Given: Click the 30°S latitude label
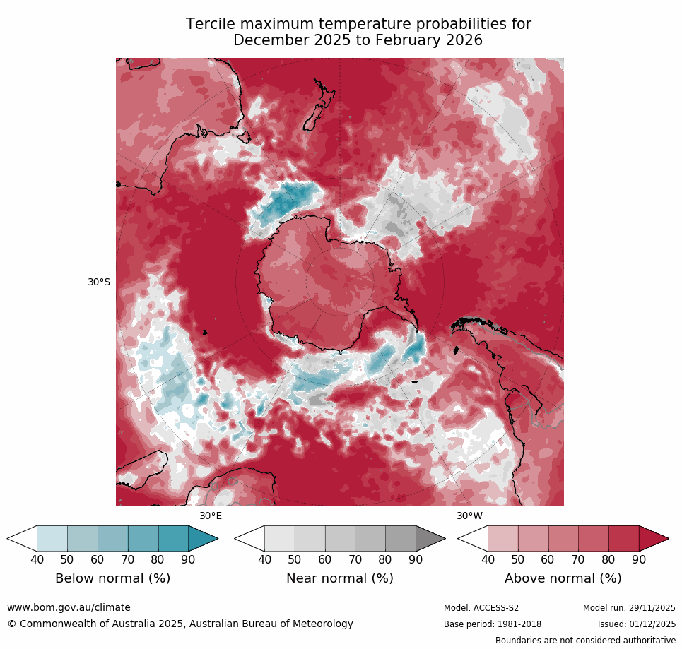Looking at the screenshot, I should point(99,282).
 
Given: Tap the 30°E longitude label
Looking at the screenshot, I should point(211,516).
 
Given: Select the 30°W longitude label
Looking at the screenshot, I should point(469,516).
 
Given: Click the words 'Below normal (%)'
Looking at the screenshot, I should point(112,578).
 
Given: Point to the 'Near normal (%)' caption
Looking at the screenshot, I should point(339,578).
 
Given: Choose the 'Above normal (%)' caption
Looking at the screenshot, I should point(563,578).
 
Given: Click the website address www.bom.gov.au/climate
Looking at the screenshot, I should point(69,607).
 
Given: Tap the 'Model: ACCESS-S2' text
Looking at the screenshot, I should point(481,608).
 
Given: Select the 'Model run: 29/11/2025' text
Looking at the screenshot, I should point(629,608).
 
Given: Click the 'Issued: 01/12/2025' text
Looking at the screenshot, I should point(636,624).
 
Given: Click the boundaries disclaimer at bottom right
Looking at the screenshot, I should point(585,641).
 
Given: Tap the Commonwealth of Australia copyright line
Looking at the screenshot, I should point(180,624).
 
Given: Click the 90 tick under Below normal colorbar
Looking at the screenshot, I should point(188,560).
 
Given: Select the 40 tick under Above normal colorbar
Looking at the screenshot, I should point(488,560).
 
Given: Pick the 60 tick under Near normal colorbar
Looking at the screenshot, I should point(324,560).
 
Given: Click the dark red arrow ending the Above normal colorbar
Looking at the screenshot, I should point(653,539).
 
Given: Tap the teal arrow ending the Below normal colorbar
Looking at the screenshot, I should point(203,539).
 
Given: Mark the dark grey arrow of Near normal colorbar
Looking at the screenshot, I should point(430,539).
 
